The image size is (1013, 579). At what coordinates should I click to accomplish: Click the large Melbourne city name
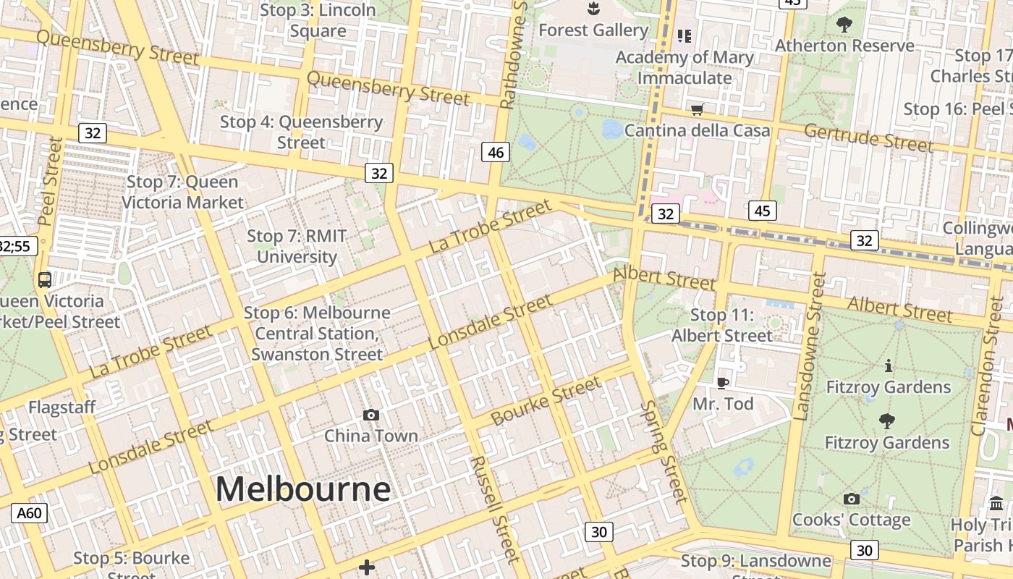[x=303, y=489]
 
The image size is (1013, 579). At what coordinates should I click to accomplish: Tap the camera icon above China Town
[x=371, y=415]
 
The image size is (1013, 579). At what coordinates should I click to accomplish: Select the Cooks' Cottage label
[x=851, y=520]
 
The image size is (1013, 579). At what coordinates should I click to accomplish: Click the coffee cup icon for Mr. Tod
[x=722, y=383]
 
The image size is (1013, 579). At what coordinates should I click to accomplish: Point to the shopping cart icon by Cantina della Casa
[x=697, y=110]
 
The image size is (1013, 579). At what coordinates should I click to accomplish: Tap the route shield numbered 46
[x=496, y=152]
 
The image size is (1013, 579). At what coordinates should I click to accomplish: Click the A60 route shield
[x=29, y=513]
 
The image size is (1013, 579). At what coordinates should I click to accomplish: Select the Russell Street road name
[x=495, y=509]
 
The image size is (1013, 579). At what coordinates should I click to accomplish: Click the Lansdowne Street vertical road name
[x=810, y=346]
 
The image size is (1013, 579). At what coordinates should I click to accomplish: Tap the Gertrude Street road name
[x=868, y=138]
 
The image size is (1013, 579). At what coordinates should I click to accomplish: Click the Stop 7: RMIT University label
[x=297, y=247]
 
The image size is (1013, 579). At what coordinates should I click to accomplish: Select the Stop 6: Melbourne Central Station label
[x=317, y=334]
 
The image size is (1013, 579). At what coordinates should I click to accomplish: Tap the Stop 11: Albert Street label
[x=722, y=326]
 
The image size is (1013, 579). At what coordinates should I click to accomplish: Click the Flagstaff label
[x=62, y=407]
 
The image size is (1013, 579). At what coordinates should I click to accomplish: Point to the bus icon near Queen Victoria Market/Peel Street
[x=45, y=279]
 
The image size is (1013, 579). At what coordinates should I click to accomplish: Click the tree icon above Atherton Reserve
[x=844, y=25]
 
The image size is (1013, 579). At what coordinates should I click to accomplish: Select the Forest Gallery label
[x=593, y=30]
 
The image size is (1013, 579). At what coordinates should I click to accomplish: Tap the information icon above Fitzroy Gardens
[x=889, y=366]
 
